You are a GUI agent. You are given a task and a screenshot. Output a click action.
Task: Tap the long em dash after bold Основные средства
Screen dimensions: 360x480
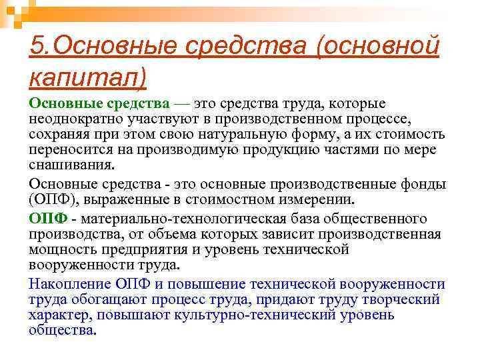182,104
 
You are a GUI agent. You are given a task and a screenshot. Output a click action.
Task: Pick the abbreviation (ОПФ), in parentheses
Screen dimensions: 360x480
54,199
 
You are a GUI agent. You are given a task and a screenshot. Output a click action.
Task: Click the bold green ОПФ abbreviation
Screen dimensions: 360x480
46,219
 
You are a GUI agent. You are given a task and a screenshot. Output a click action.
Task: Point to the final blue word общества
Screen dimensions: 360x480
63,329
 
